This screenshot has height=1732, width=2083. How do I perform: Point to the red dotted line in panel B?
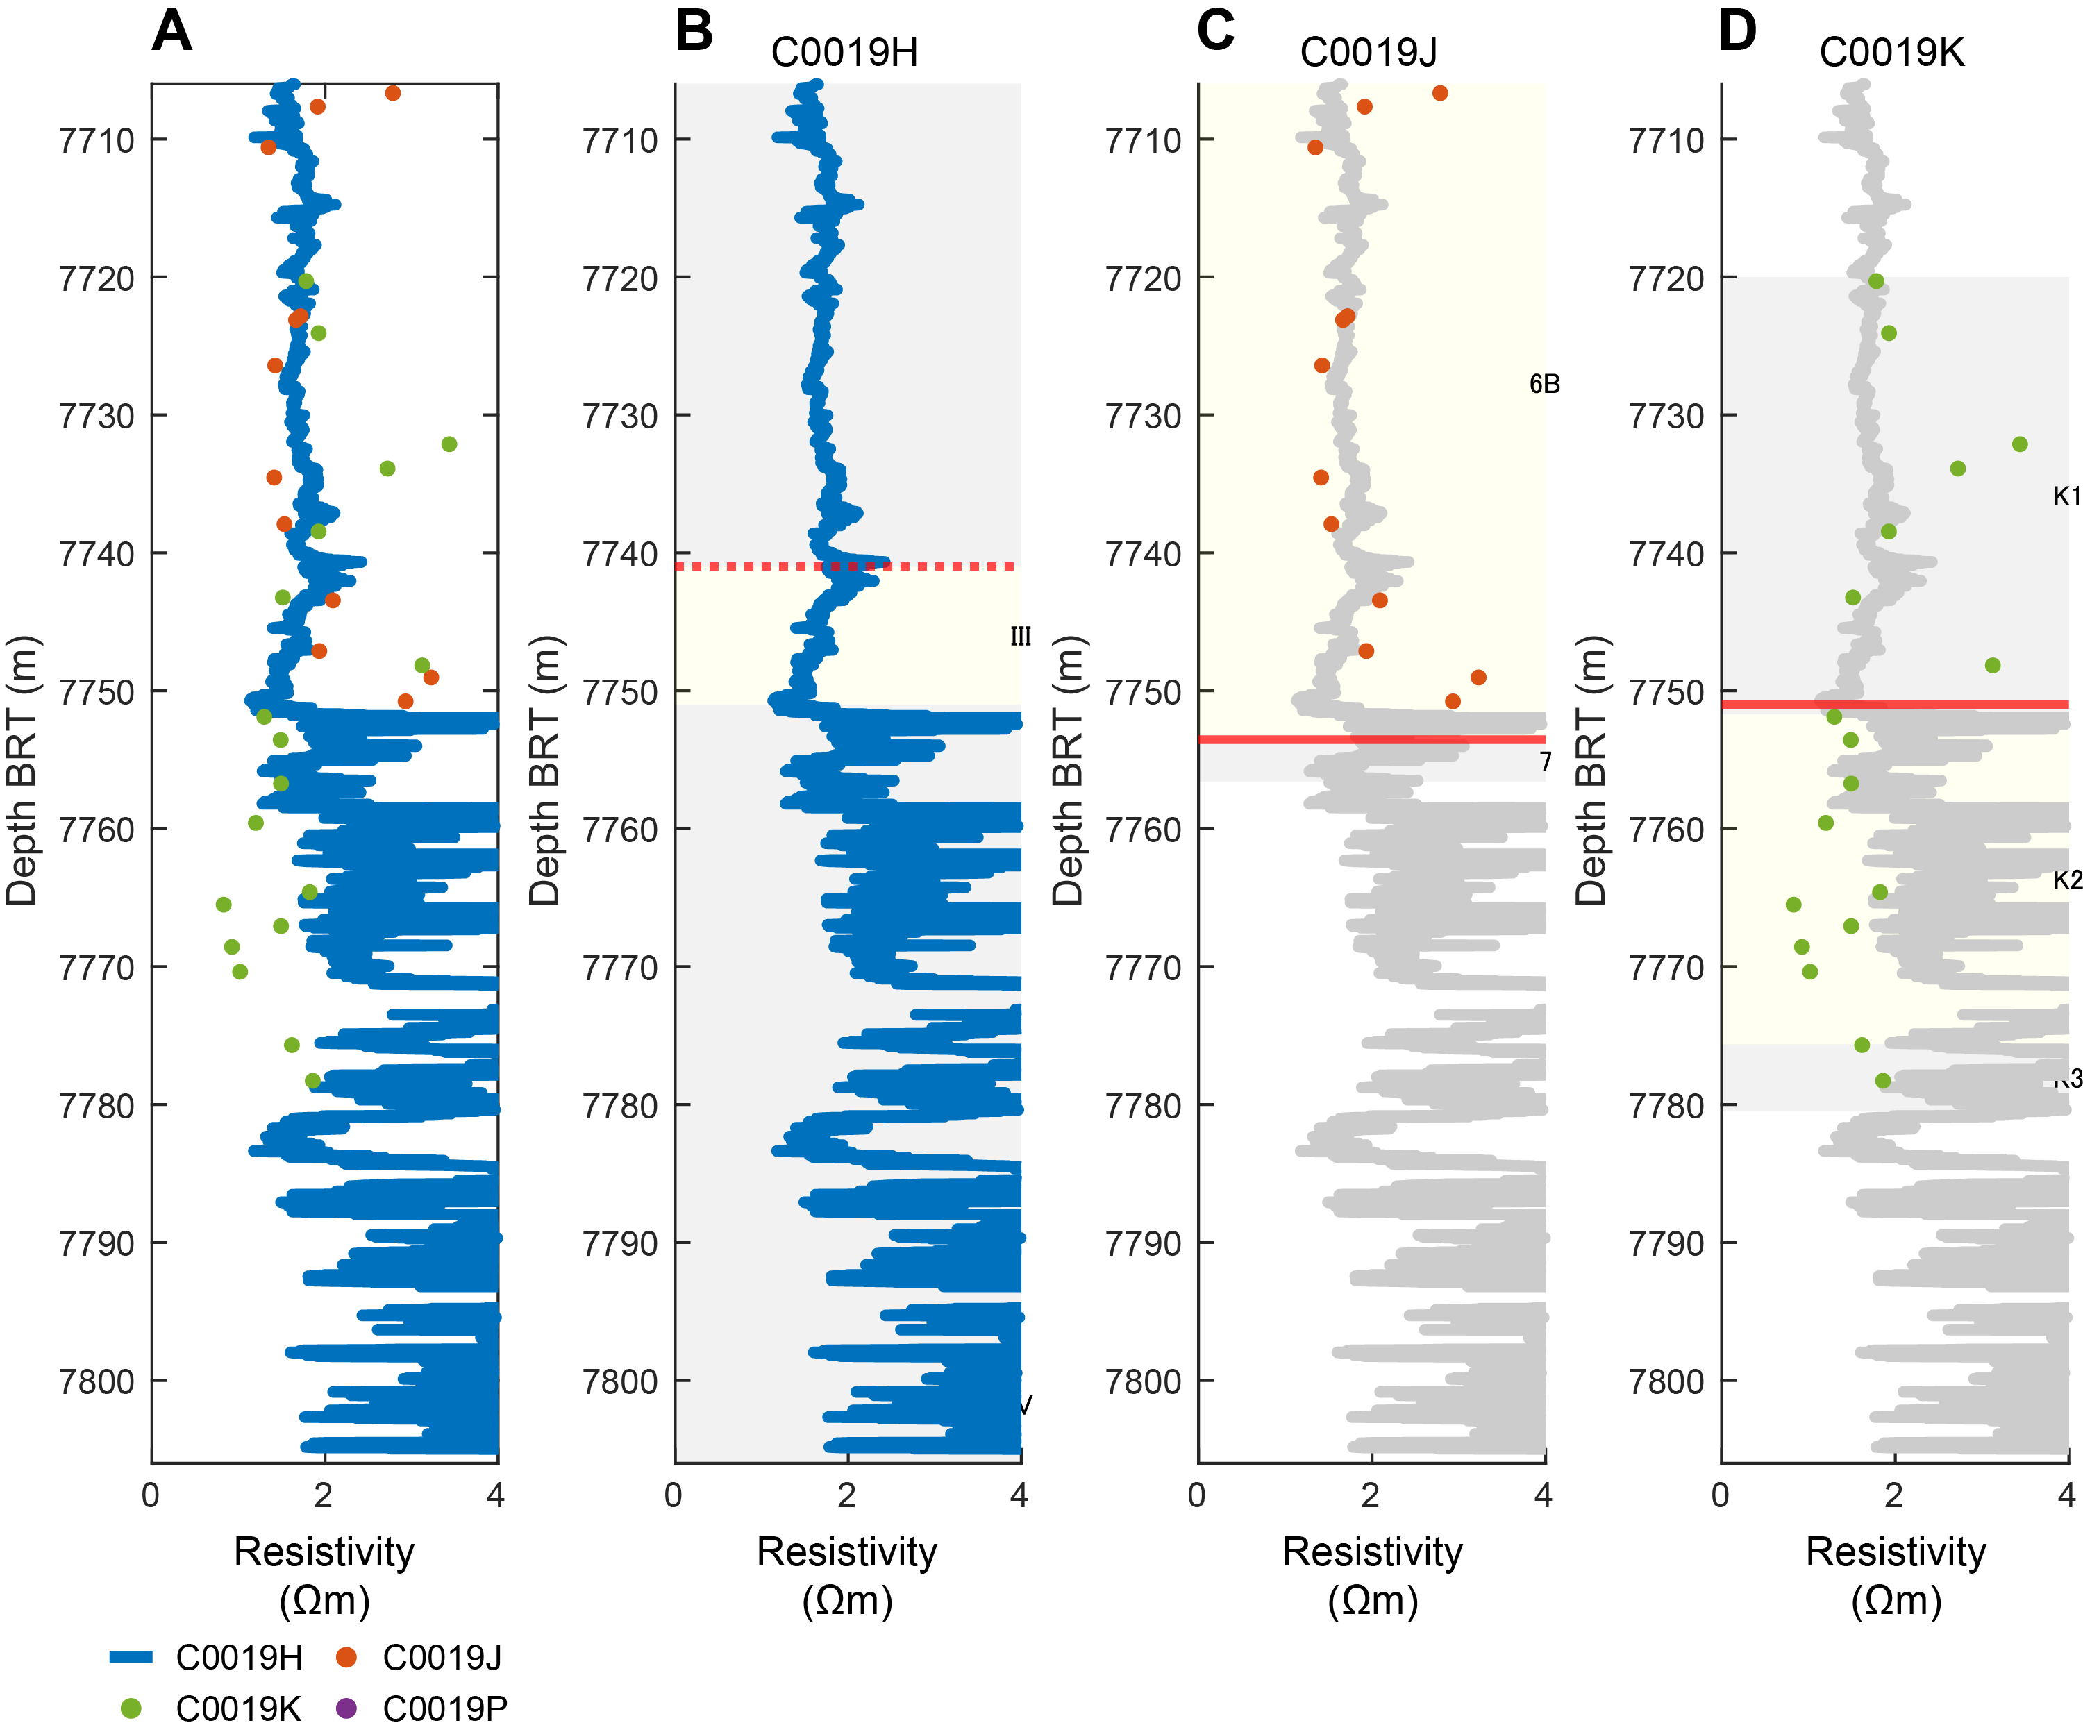(754, 566)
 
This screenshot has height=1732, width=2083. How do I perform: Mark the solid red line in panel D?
(1964, 705)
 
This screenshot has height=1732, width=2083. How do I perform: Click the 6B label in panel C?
(1544, 384)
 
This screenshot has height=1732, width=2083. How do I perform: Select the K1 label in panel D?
(2066, 496)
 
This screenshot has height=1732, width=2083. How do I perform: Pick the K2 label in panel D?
(2066, 880)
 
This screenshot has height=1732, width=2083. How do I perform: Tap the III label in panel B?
(1021, 637)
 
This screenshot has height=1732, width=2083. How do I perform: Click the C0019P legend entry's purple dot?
(346, 1708)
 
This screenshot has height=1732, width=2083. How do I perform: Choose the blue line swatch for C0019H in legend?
(131, 1656)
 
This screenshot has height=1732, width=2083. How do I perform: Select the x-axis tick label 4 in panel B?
(1019, 1495)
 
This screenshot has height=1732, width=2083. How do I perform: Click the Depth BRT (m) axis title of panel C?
(1069, 771)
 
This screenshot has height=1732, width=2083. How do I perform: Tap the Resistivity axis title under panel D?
(1896, 1552)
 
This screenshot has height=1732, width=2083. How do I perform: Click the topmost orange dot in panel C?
(1439, 93)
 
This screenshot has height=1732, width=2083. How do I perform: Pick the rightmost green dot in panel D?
(2020, 444)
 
